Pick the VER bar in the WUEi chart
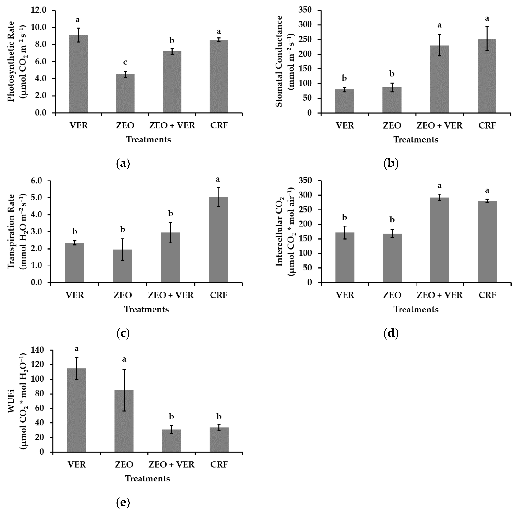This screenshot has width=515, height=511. (77, 410)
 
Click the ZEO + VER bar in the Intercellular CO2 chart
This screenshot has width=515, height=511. (439, 240)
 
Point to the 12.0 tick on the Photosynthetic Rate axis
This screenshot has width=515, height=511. (39, 10)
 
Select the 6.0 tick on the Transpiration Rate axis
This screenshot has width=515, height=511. (39, 181)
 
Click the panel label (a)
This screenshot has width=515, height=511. (123, 163)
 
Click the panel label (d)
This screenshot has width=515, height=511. (391, 333)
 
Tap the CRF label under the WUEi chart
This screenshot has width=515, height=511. (219, 465)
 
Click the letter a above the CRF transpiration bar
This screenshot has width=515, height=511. (218, 179)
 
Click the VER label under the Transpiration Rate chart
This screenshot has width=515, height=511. (75, 295)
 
